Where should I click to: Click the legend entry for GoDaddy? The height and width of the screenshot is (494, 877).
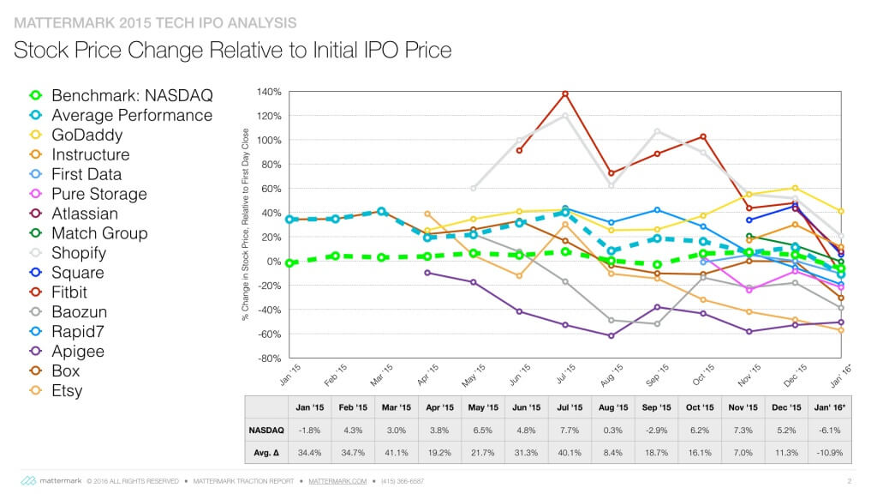87,135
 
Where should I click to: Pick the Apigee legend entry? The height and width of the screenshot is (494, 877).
78,352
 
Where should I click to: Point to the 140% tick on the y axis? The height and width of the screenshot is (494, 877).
269,92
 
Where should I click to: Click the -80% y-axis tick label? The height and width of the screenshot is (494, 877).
269,358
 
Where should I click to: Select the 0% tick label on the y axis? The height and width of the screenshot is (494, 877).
273,261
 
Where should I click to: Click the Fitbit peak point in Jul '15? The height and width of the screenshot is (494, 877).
565,93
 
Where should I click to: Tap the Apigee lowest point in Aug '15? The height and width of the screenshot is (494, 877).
611,335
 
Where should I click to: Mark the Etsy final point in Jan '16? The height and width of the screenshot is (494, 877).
841,330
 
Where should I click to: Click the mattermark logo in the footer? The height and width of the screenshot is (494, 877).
51,480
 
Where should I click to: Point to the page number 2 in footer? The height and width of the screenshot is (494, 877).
848,480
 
